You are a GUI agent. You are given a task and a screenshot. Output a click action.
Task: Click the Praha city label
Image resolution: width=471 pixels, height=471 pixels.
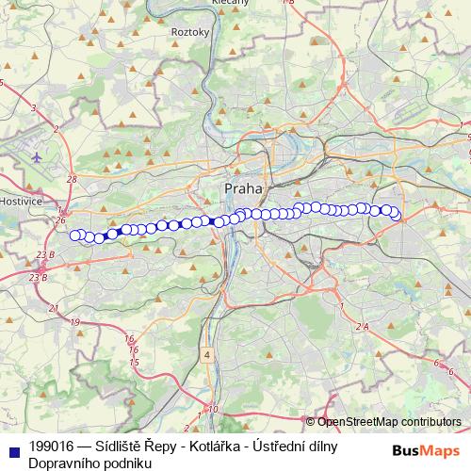tap(243, 188)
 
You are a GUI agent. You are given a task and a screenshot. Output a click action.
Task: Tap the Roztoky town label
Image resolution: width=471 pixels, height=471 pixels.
tap(188, 31)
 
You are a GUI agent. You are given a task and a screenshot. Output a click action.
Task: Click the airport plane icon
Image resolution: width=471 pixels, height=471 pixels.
tap(36, 156)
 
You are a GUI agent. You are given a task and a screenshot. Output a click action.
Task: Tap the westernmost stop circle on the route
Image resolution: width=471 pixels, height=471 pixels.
tap(74, 235)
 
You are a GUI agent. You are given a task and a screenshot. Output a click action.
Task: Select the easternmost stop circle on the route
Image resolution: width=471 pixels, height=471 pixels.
tap(396, 216)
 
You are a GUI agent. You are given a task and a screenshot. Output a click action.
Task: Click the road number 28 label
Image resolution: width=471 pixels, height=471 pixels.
tap(72, 179)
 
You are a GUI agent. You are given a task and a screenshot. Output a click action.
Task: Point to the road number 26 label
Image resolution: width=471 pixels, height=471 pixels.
tap(60, 220)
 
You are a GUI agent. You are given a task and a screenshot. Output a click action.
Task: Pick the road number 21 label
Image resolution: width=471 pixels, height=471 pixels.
tap(53, 308)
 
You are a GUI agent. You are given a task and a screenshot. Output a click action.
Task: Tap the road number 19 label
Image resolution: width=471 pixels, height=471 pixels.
tap(74, 322)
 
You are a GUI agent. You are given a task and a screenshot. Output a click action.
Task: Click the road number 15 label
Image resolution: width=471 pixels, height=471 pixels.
tap(135, 362)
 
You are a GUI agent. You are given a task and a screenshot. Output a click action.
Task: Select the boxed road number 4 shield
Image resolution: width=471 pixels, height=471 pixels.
tap(206, 355)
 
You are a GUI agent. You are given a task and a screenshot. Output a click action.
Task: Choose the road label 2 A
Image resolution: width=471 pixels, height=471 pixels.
tap(362, 325)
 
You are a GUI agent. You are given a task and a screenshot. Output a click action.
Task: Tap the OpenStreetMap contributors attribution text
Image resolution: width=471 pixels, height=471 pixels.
tap(388, 421)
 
